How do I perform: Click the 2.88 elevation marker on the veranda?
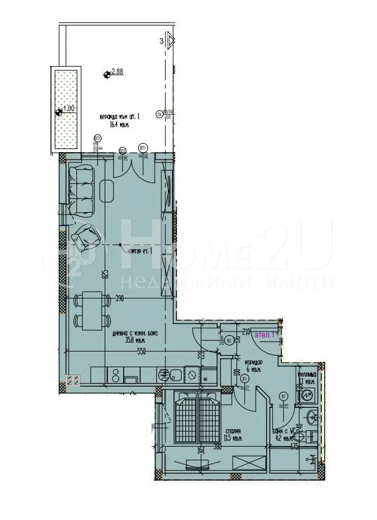108,74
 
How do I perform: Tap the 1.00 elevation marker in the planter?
59,112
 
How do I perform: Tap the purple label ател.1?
264,334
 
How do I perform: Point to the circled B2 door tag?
230,340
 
